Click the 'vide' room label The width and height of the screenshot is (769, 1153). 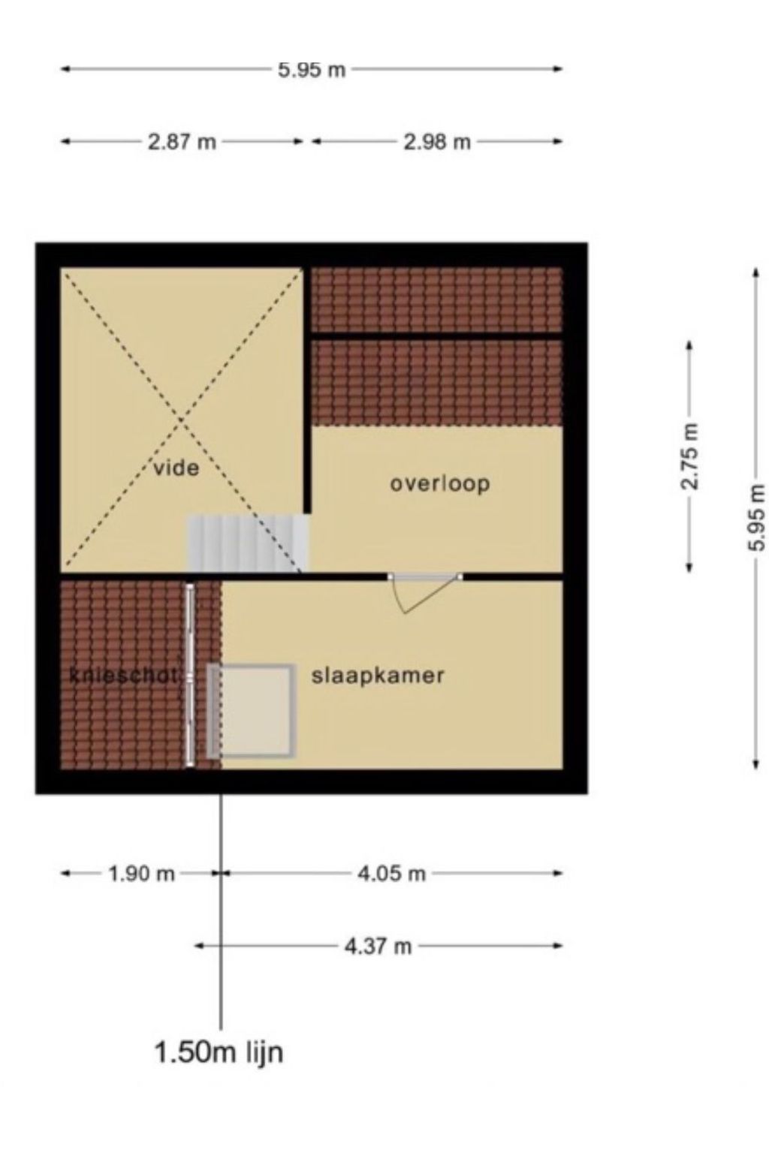click(x=176, y=468)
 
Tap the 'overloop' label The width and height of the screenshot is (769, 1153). click(x=440, y=484)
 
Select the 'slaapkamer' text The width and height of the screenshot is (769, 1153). click(x=378, y=676)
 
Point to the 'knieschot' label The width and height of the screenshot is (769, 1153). click(x=123, y=676)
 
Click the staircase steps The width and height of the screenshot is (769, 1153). click(x=249, y=543)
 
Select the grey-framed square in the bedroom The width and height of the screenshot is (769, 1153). click(x=251, y=711)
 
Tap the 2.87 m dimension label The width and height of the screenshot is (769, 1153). click(x=182, y=142)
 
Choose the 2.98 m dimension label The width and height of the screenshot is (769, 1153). click(x=437, y=142)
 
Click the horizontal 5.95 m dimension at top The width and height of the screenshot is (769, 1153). click(x=312, y=70)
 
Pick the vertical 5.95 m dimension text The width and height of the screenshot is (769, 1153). click(x=755, y=518)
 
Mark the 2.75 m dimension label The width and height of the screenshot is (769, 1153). click(x=689, y=456)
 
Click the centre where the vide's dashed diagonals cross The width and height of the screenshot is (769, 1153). click(x=181, y=420)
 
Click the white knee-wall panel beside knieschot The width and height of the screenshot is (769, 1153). click(x=190, y=676)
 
